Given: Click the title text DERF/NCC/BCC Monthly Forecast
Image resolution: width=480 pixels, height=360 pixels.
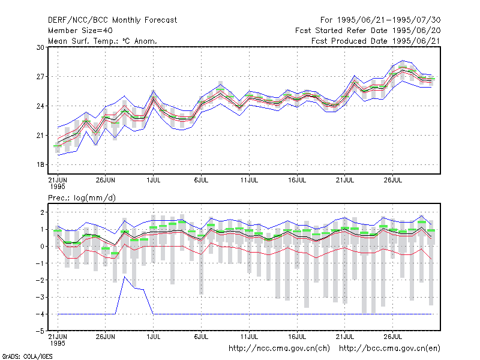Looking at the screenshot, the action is point(112,20).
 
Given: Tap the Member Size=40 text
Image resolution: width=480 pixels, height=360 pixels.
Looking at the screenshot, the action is point(80,31).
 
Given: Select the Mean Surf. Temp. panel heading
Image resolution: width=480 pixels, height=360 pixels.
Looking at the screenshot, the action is point(103,41).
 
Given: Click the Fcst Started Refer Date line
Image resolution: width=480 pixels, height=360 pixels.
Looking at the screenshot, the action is point(368,31).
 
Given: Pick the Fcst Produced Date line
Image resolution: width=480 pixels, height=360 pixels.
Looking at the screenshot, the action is point(376,41).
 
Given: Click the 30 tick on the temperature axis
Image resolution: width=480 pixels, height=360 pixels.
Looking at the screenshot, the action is point(40,47).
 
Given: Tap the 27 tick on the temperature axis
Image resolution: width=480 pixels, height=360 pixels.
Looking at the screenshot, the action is point(40,77).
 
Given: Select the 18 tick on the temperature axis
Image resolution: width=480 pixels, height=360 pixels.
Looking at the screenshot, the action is point(40,164).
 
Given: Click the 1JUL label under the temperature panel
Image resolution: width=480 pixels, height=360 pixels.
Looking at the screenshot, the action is point(154,180).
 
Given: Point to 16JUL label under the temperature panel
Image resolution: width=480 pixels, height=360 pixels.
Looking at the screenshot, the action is point(297,180).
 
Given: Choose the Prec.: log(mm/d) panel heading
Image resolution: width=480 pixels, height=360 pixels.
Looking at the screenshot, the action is point(82,198).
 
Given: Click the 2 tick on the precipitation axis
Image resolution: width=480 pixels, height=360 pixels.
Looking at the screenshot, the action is point(42,212).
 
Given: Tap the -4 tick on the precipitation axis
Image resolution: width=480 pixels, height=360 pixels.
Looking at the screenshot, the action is point(40,314).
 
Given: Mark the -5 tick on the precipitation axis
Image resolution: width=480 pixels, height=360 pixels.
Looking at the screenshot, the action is point(40,331).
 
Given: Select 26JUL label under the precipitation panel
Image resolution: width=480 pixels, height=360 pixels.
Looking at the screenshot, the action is point(393,337).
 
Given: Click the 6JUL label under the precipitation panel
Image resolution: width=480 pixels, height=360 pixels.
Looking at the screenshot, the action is point(201,337).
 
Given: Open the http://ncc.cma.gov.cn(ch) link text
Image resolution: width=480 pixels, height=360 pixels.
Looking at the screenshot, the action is point(279,349).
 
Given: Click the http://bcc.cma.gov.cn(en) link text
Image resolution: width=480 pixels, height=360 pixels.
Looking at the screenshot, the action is point(389,349).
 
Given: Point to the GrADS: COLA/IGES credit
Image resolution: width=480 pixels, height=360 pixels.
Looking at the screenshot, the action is point(27,356).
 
